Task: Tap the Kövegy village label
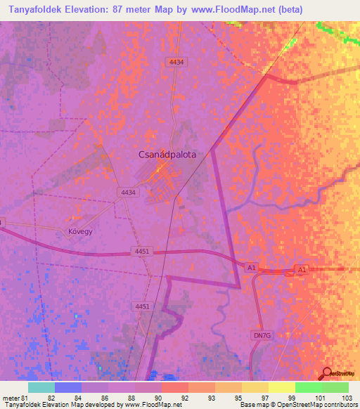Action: click(81, 231)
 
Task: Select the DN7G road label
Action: click(261, 336)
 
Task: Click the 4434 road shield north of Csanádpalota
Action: click(176, 63)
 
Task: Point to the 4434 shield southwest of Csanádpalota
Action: click(128, 192)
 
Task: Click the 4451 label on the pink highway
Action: click(141, 250)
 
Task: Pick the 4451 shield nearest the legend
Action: click(143, 306)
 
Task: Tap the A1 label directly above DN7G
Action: click(251, 268)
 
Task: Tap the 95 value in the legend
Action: click(239, 397)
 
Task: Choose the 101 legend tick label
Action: click(319, 397)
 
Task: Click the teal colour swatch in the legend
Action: click(41, 387)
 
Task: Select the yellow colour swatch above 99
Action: click(281, 387)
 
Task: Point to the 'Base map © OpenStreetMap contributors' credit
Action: click(297, 405)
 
